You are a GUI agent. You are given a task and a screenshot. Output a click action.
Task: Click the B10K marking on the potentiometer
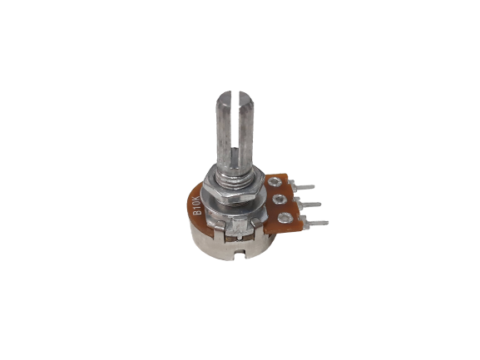[x=197, y=205]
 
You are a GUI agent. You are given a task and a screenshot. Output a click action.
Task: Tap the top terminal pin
[x=303, y=186]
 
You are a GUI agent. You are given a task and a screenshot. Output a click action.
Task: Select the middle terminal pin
[x=308, y=204]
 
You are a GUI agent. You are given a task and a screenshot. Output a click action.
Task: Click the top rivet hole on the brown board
[x=275, y=183]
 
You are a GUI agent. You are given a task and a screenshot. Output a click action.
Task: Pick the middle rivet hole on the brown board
[x=280, y=200]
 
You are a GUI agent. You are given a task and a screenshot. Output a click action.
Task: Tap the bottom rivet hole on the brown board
[x=285, y=218]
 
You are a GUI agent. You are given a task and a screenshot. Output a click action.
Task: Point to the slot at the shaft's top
[x=235, y=122]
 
